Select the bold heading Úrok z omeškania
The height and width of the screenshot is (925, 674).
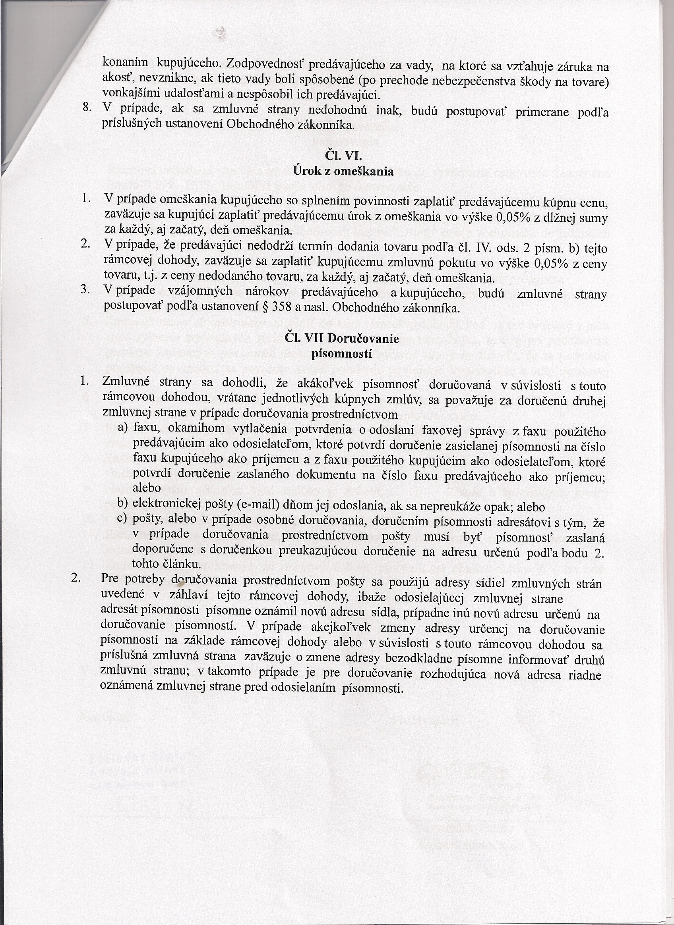tap(343, 171)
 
